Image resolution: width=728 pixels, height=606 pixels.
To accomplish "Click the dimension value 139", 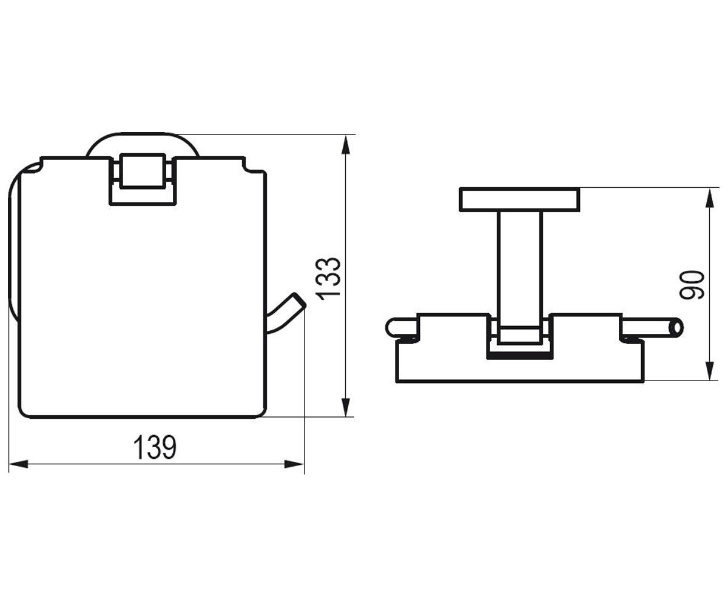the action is pyautogui.click(x=155, y=447).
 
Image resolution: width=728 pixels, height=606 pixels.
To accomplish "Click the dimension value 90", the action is pyautogui.click(x=692, y=285).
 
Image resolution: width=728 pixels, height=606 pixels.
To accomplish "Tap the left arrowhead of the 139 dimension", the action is pyautogui.click(x=18, y=464).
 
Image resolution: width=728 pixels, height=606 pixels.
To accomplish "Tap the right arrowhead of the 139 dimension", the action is pyautogui.click(x=294, y=464).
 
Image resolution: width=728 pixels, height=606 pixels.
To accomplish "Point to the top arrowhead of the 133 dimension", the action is pyautogui.click(x=345, y=145).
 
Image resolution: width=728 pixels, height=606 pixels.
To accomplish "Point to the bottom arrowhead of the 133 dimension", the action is pyautogui.click(x=345, y=407).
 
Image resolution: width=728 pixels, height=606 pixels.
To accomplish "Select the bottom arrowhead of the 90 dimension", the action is pyautogui.click(x=709, y=370).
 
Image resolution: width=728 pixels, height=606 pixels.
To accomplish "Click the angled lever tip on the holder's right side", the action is pyautogui.click(x=299, y=301).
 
